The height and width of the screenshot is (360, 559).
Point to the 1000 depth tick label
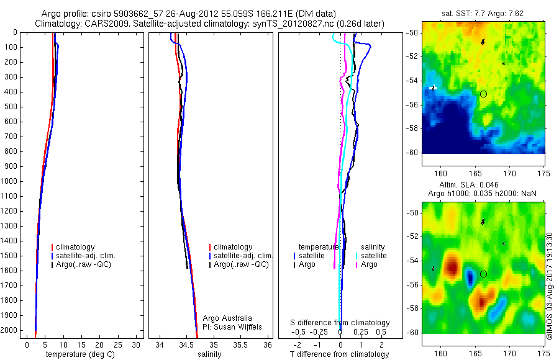(x=11, y=181)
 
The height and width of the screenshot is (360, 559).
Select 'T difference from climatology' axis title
(x=339, y=354)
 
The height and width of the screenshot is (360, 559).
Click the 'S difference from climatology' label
(x=340, y=323)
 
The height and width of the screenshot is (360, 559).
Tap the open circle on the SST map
(x=483, y=94)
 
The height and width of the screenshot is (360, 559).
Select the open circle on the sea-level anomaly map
(x=483, y=274)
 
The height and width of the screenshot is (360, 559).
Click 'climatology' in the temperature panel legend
(x=82, y=247)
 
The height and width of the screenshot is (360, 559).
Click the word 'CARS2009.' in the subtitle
(x=103, y=24)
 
